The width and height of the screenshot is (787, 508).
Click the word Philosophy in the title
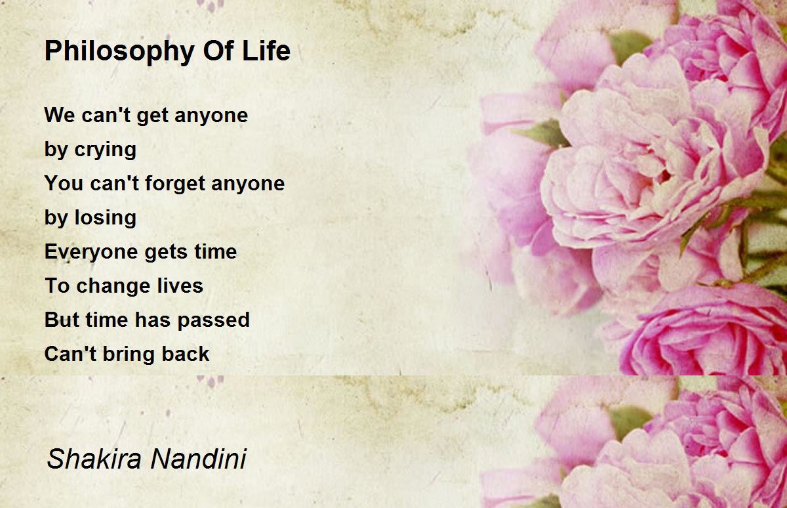pyautogui.click(x=119, y=51)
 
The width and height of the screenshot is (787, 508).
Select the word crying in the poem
pyautogui.click(x=105, y=150)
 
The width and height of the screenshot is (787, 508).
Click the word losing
pyautogui.click(x=105, y=218)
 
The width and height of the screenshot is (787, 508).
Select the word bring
pyautogui.click(x=129, y=354)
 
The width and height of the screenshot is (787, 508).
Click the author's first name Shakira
pyautogui.click(x=94, y=459)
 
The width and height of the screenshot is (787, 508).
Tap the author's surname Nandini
pyautogui.click(x=199, y=459)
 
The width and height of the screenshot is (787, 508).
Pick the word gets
pyautogui.click(x=166, y=253)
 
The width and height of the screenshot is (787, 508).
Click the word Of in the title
pyautogui.click(x=218, y=51)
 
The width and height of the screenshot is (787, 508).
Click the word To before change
pyautogui.click(x=57, y=286)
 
